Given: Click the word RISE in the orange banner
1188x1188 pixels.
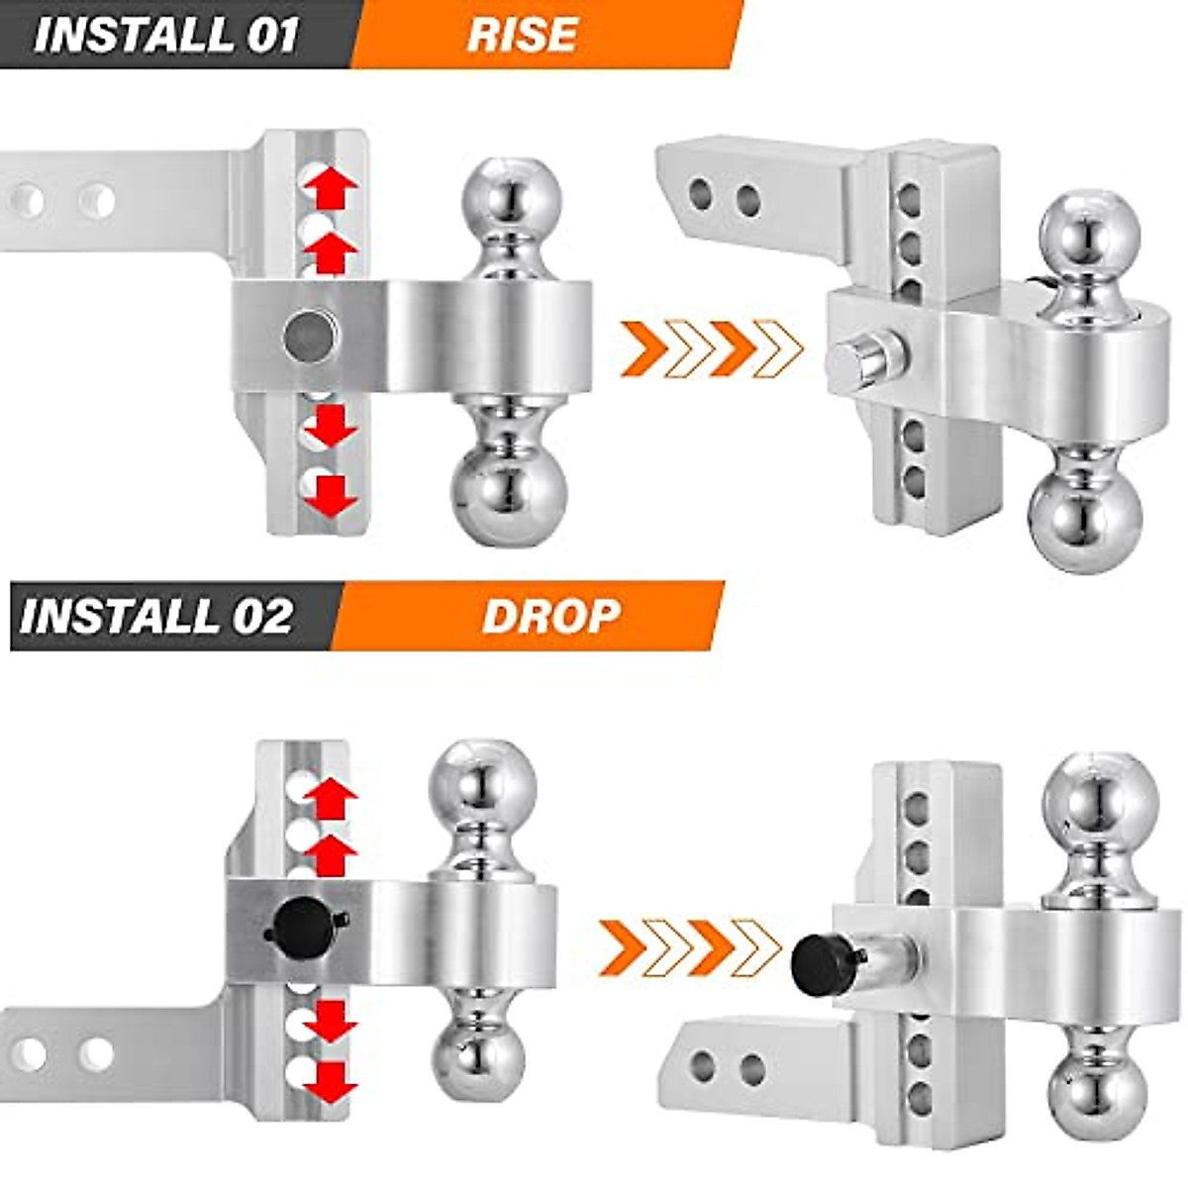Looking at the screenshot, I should [x=522, y=35].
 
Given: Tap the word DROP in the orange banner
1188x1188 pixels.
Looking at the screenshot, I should [x=550, y=616].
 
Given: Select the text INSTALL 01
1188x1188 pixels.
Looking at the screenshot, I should [x=166, y=35].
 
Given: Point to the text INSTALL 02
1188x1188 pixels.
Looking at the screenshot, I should [x=156, y=616].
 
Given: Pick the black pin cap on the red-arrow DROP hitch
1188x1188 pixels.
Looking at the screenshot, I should [x=300, y=923].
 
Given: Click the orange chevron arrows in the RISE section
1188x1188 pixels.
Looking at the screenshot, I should [x=711, y=349].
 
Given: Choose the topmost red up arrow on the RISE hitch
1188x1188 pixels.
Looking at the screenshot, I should [x=330, y=185].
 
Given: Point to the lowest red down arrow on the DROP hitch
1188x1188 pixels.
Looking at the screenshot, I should [x=330, y=1082].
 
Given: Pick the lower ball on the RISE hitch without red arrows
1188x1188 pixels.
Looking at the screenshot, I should [x=1086, y=517].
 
